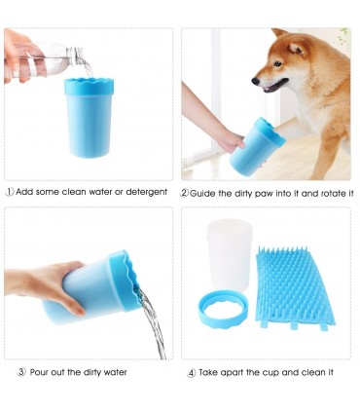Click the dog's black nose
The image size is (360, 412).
(x=256, y=80)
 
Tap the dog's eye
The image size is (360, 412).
(x=277, y=63)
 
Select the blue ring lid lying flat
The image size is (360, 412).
(x=223, y=311)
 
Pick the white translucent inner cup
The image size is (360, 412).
(x=230, y=253)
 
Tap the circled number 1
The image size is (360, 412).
(x=10, y=192)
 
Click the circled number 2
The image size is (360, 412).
(x=184, y=194)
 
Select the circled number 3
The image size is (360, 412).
(x=21, y=372)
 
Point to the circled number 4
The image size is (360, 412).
(x=192, y=373)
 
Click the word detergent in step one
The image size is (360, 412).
(x=146, y=192)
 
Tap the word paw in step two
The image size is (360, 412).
(x=265, y=194)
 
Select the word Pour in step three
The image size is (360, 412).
(x=40, y=372)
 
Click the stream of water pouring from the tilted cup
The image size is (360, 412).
(x=152, y=323)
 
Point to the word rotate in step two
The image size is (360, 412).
(x=334, y=194)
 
